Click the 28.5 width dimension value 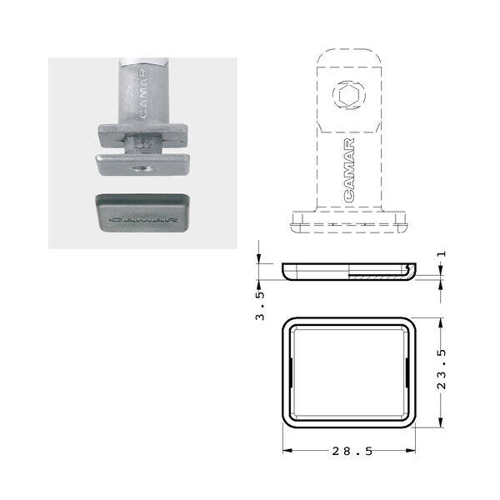pyautogui.click(x=352, y=451)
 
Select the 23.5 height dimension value pyautogui.click(x=442, y=369)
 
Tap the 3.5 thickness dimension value pyautogui.click(x=260, y=306)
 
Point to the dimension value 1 pyautogui.click(x=442, y=254)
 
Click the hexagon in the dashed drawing pyautogui.click(x=348, y=95)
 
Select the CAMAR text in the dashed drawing pyautogui.click(x=349, y=170)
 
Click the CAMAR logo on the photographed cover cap pyautogui.click(x=142, y=220)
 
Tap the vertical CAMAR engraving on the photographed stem pyautogui.click(x=143, y=93)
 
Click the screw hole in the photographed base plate pyautogui.click(x=142, y=168)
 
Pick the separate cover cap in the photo pyautogui.click(x=142, y=212)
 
